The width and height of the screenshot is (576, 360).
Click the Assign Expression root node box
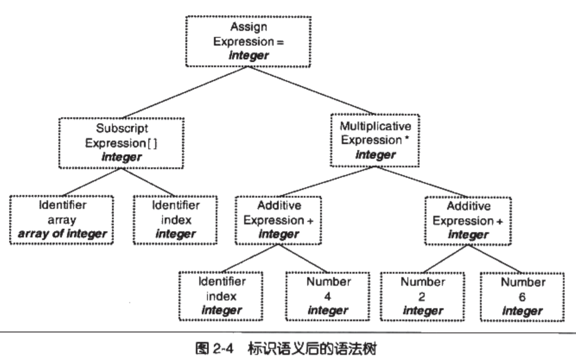(248, 41)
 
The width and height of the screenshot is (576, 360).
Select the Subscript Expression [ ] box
(121, 143)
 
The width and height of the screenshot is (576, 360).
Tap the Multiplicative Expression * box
(375, 141)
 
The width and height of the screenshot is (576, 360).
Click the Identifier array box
(62, 220)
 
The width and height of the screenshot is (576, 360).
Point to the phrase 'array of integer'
(62, 234)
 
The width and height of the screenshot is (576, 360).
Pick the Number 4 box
(328, 296)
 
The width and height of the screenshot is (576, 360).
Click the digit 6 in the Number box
(522, 297)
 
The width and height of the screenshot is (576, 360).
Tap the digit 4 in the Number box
(328, 296)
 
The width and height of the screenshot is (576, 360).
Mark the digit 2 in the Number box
(422, 297)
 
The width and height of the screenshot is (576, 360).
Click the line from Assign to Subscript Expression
(185, 92)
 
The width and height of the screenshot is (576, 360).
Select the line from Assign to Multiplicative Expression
(310, 90)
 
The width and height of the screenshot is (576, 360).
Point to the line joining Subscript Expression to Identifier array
(92, 182)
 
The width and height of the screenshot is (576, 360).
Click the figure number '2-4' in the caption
(223, 349)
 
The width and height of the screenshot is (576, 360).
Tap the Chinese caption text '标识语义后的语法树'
(312, 349)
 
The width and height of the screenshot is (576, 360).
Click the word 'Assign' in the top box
(249, 27)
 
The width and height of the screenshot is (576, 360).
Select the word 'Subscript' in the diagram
(122, 128)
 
